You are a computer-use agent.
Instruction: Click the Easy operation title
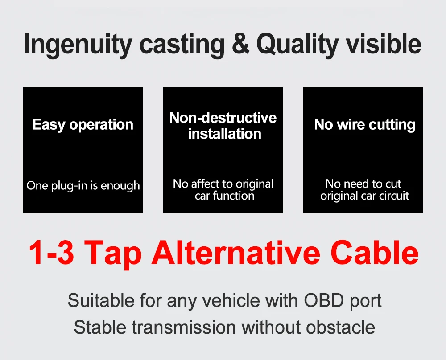83,125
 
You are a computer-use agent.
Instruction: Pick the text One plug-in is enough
83,185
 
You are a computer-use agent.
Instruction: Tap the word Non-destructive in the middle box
223,118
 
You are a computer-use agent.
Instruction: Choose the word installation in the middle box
224,134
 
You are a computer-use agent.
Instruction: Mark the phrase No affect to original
223,184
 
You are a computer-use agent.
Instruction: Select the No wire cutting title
364,125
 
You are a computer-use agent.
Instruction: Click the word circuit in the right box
392,196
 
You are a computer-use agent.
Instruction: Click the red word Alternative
236,253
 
